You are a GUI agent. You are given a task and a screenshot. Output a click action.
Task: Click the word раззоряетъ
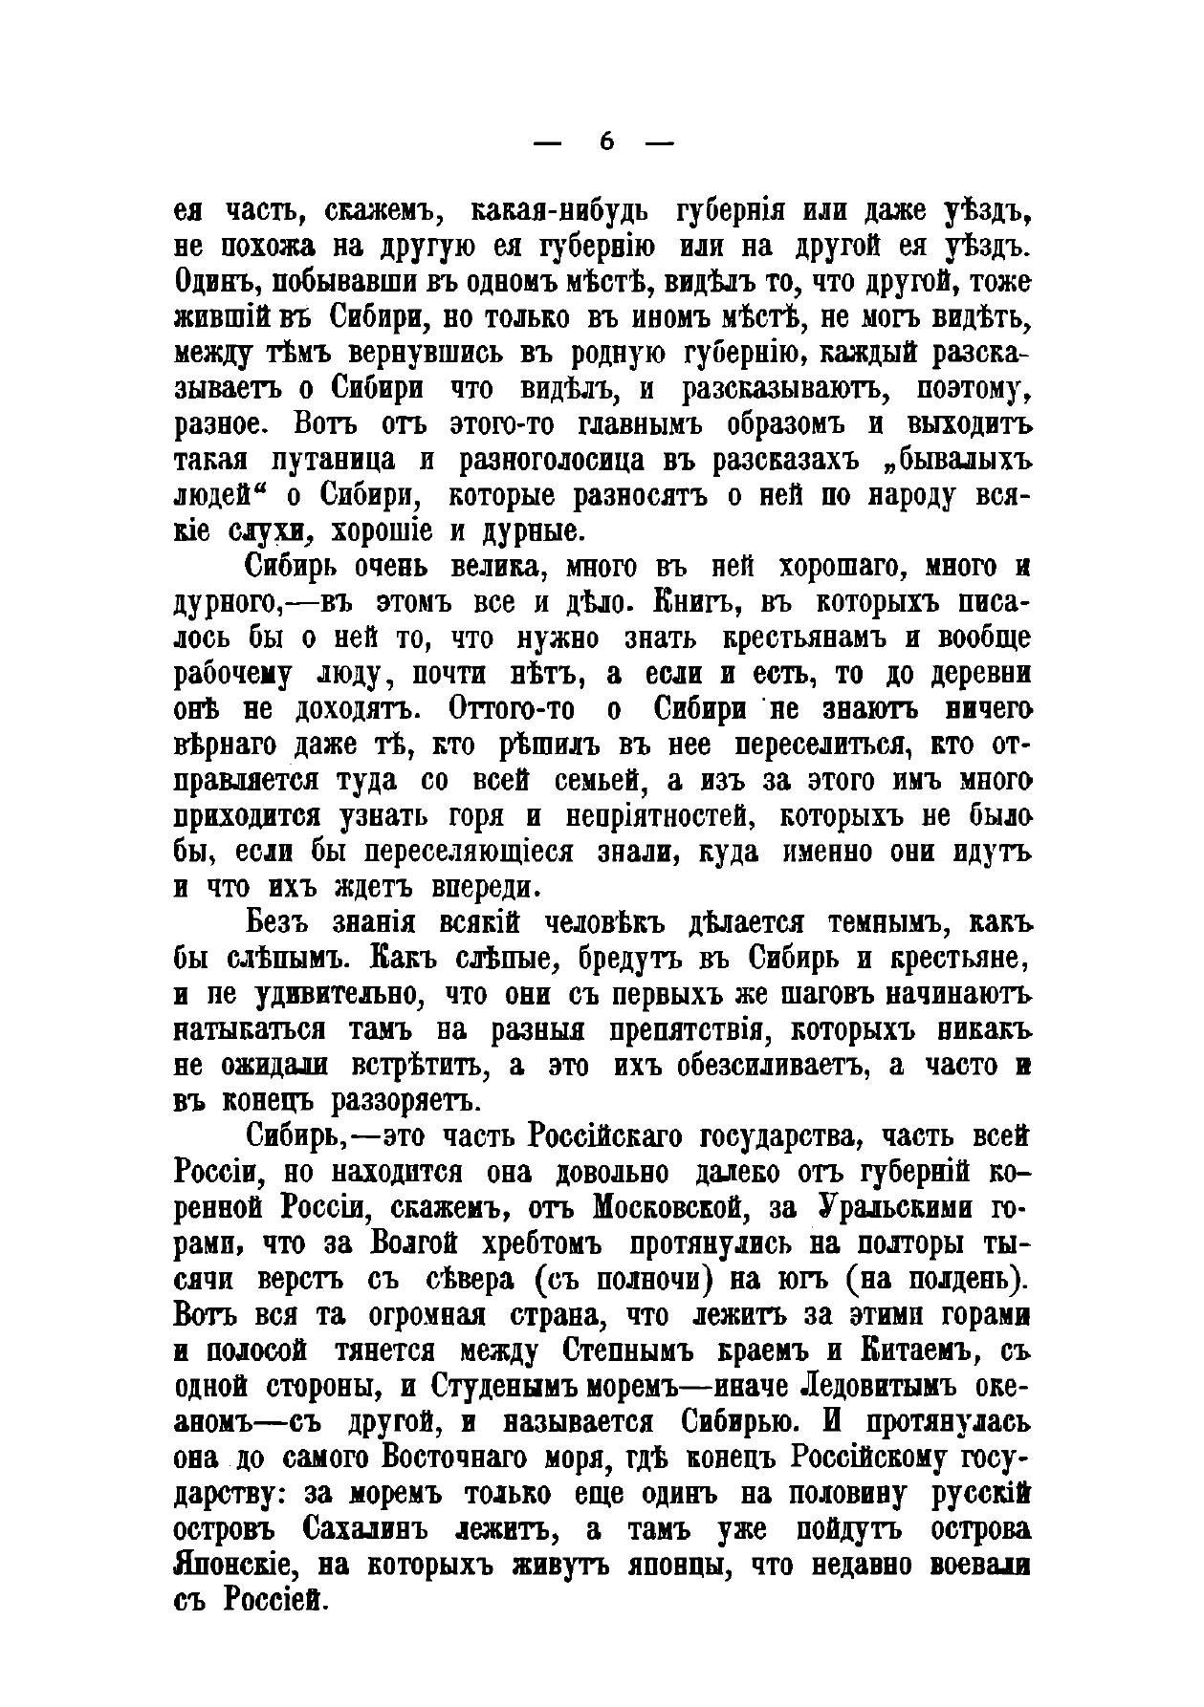403,1101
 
